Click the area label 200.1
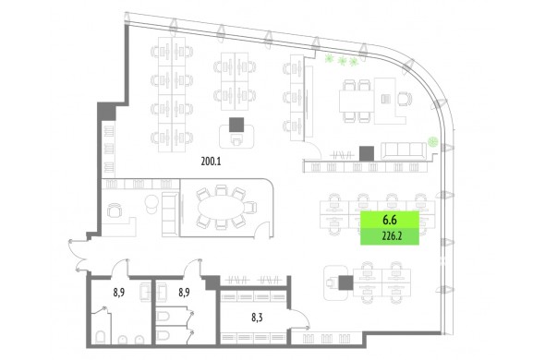[x=211, y=162]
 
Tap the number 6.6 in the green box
[x=390, y=220]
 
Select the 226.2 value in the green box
[x=392, y=236]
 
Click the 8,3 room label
[x=257, y=318]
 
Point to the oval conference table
[x=222, y=208]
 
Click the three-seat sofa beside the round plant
[x=404, y=150]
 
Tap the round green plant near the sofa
[x=432, y=141]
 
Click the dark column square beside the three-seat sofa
[x=367, y=153]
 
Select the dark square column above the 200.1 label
[x=236, y=125]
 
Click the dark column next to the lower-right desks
[x=345, y=282]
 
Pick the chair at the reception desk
[x=115, y=210]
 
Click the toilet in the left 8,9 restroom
[x=100, y=337]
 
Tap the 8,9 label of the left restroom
[x=119, y=293]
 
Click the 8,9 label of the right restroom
[x=184, y=293]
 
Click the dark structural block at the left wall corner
[x=106, y=111]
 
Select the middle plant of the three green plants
[x=343, y=61]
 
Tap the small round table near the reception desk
[x=151, y=201]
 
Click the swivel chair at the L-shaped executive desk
[x=404, y=99]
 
